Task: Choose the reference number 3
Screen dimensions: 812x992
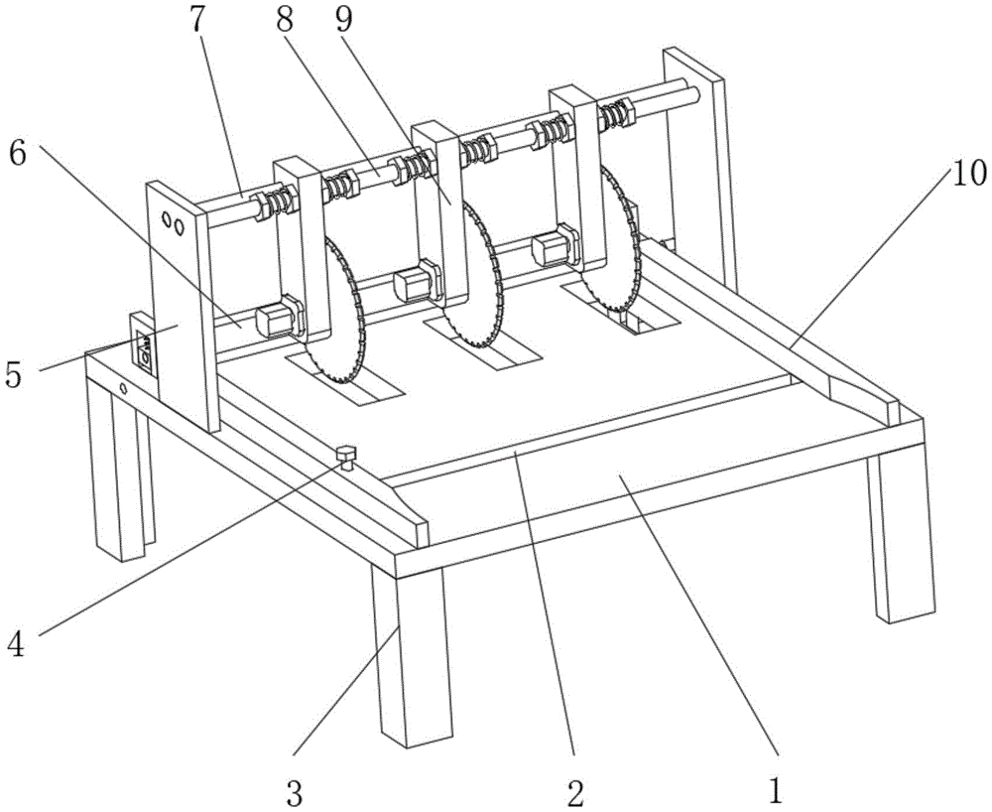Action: coord(294,791)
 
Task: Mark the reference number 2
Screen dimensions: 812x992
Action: coord(575,791)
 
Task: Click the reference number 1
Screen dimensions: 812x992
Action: coord(777,791)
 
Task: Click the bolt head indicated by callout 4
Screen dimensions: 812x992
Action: coord(346,456)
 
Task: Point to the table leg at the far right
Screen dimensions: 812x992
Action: coord(900,536)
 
